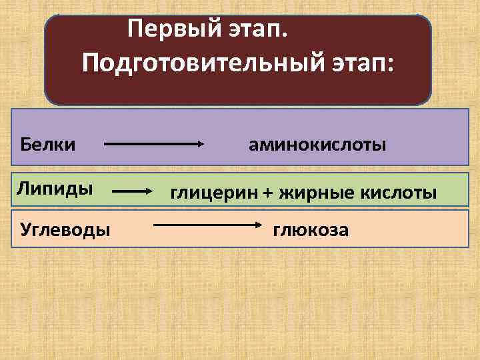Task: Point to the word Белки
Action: (x=47, y=143)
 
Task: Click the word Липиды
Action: (x=55, y=189)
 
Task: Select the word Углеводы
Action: (x=65, y=231)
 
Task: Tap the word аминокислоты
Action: (x=317, y=143)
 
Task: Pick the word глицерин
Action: (x=212, y=193)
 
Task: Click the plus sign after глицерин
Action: (x=267, y=193)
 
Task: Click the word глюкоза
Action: (x=310, y=231)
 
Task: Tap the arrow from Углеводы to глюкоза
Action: (x=203, y=227)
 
